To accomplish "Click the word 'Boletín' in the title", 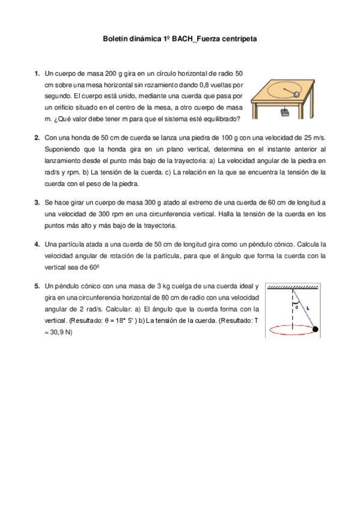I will [x=116, y=38].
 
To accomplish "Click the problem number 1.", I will [x=37, y=73].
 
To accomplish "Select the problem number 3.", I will [x=37, y=202].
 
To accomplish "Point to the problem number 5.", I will [x=37, y=286].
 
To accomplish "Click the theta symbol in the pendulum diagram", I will [x=296, y=307].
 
